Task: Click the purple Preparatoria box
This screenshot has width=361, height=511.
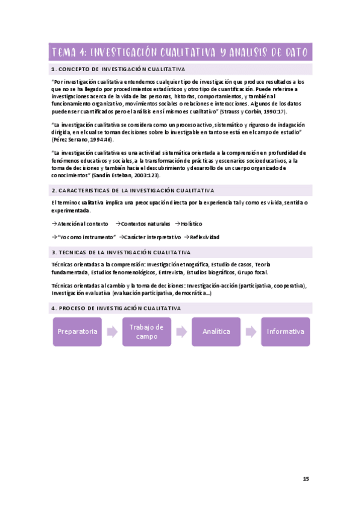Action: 77,331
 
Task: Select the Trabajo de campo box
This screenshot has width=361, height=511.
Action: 146,331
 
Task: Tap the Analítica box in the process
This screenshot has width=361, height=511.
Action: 216,331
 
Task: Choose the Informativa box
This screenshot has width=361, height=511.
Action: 285,331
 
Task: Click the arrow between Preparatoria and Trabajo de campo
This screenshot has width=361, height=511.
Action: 112,331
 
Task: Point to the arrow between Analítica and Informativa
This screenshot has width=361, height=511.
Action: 251,331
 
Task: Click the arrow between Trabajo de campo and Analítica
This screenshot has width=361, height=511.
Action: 181,331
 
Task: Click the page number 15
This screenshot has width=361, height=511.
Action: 306,479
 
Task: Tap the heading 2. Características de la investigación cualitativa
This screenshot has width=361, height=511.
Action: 128,190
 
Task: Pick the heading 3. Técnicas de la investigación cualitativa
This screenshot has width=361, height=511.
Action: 121,252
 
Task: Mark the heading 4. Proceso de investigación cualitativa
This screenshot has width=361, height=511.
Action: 116,308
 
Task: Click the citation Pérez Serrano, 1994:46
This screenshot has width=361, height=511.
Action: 82,139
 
